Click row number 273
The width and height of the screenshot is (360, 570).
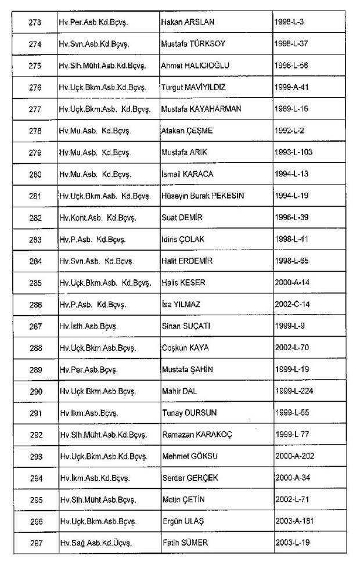click(34, 21)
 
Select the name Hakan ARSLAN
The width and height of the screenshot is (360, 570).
click(188, 21)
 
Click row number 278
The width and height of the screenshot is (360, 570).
click(34, 131)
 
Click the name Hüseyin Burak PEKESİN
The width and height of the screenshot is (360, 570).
click(203, 196)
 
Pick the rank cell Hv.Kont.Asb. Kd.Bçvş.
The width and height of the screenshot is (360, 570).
click(97, 218)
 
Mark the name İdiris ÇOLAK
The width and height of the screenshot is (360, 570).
click(183, 239)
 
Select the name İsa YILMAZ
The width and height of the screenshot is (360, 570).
click(183, 304)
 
